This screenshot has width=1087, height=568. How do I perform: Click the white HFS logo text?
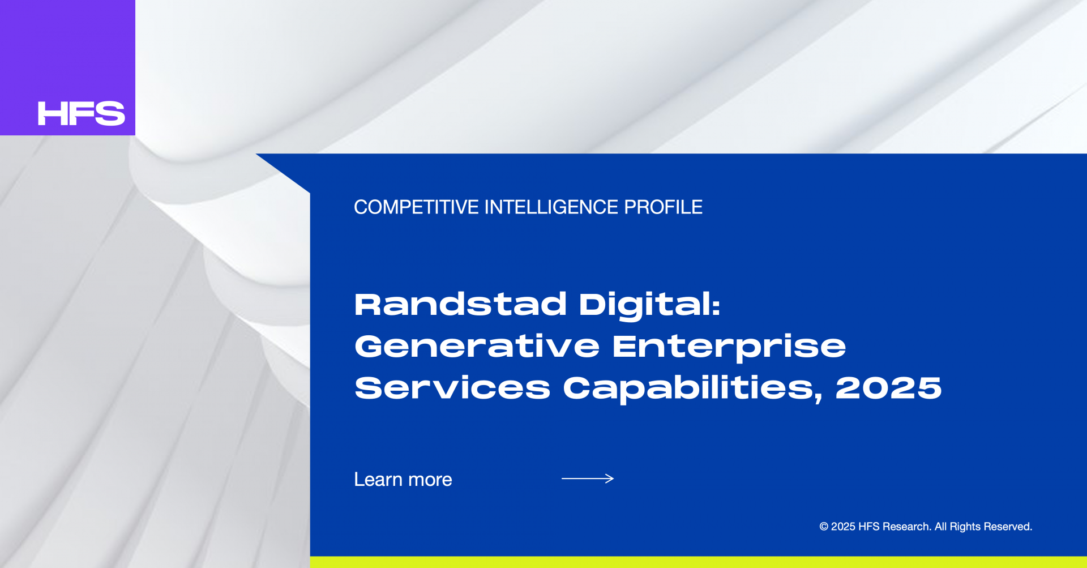point(81,113)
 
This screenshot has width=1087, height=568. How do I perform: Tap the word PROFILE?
point(663,207)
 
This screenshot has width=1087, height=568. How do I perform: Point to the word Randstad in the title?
point(460,304)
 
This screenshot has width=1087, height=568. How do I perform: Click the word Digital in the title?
point(649,306)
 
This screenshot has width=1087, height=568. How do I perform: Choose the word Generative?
point(477,346)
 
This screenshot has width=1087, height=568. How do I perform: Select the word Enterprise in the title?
point(729,347)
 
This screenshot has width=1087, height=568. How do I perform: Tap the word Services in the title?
point(452,388)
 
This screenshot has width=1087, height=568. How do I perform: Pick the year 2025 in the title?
point(888,388)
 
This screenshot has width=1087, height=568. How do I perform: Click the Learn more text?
point(403,480)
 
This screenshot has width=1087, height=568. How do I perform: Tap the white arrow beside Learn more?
point(588,479)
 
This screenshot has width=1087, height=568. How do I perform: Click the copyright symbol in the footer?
point(824,527)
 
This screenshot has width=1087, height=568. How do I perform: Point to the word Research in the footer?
point(906,527)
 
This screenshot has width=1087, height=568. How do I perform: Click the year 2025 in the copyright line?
point(843,527)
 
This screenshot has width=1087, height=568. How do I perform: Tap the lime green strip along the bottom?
point(699,562)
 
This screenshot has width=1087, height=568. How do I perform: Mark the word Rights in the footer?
point(965,527)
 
